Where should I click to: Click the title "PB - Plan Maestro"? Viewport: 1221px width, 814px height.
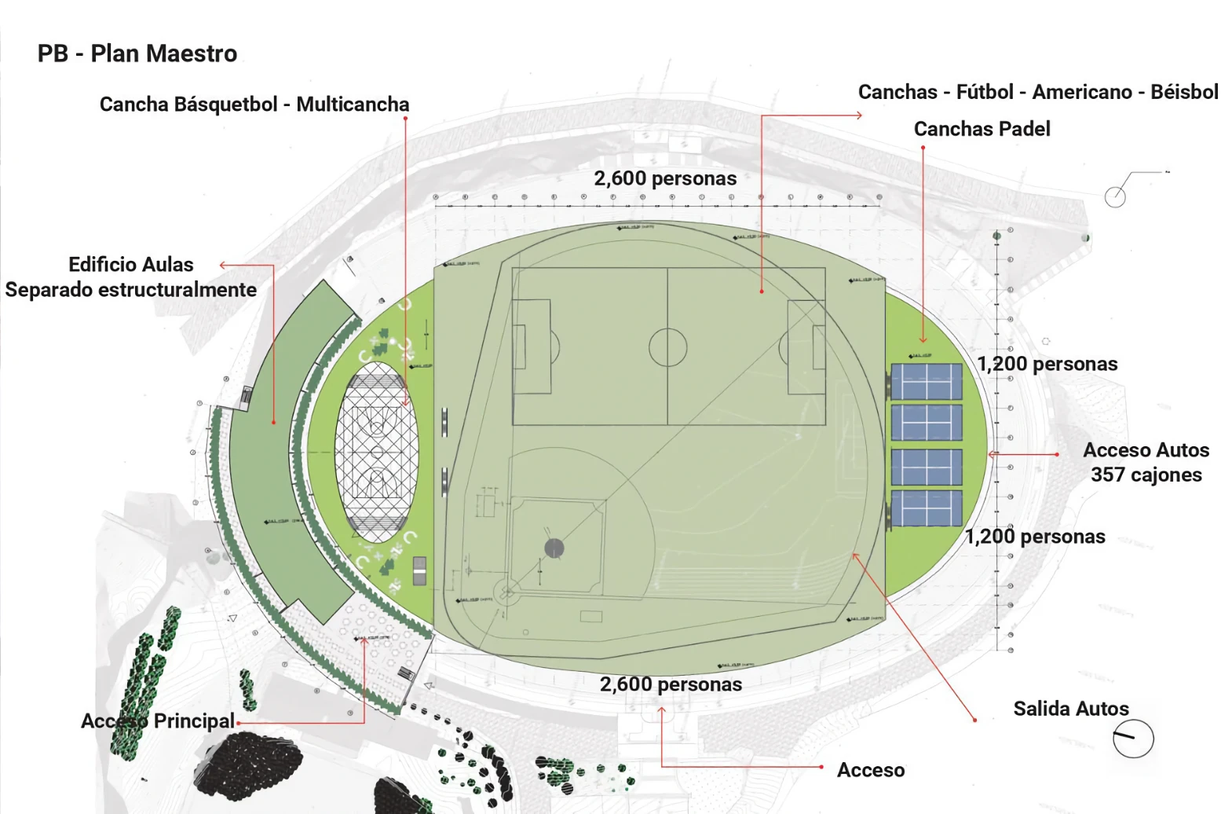tap(137, 53)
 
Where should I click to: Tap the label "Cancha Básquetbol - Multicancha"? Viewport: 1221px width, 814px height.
tap(254, 104)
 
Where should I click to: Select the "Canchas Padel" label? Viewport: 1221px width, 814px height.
tap(982, 129)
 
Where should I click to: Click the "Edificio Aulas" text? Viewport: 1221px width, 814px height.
tap(130, 264)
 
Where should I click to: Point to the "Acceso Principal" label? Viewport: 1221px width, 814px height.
tap(158, 720)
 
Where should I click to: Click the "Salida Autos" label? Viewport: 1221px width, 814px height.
tap(1071, 709)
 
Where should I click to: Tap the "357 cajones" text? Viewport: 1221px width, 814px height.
tap(1146, 475)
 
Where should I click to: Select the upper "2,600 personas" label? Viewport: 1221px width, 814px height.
tap(665, 178)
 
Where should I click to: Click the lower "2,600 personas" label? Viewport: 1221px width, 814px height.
tap(671, 684)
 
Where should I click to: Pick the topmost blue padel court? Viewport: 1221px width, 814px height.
tap(927, 381)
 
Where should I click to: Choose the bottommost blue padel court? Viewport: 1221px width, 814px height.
tap(927, 508)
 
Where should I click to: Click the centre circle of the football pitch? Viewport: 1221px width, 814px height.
tap(667, 347)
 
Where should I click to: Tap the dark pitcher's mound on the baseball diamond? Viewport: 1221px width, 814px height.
tap(554, 548)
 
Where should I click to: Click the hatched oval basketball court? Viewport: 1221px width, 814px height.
tap(377, 456)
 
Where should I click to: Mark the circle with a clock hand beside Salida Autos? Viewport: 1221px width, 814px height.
tap(1133, 739)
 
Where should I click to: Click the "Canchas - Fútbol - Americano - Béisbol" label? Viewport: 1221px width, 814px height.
tap(1037, 92)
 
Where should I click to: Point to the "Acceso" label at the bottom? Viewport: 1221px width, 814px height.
tap(871, 770)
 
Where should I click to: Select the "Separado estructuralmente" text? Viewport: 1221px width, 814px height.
tap(131, 290)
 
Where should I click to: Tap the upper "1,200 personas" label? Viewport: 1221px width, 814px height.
tap(1047, 364)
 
